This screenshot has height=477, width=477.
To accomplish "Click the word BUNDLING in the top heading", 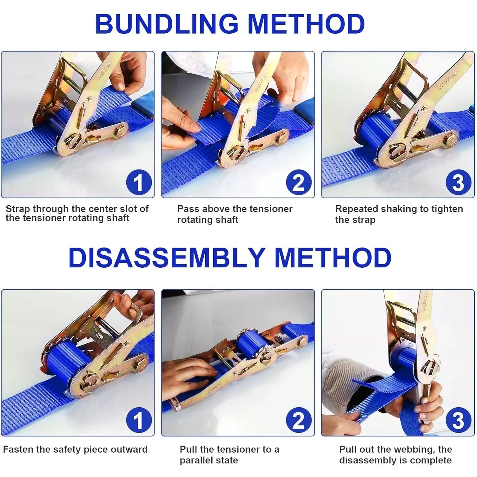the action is (x=167, y=24).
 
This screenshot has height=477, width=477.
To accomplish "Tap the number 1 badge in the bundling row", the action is (x=139, y=183).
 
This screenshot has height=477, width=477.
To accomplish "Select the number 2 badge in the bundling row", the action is (x=298, y=183).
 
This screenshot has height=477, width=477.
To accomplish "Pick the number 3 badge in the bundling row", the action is (x=459, y=183).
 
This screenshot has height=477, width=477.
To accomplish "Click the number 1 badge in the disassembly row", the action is (x=139, y=421).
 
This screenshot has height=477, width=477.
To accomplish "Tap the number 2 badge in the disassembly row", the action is (x=298, y=421).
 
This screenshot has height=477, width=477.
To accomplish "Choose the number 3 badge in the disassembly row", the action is (x=459, y=421).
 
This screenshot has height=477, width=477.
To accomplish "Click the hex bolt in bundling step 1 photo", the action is (x=121, y=131).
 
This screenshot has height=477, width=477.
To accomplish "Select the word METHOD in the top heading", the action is (x=306, y=24).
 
